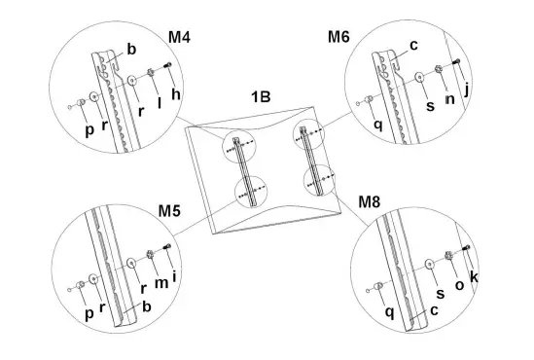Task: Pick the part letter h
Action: pyautogui.click(x=175, y=93)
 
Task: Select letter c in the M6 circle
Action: pyautogui.click(x=412, y=45)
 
